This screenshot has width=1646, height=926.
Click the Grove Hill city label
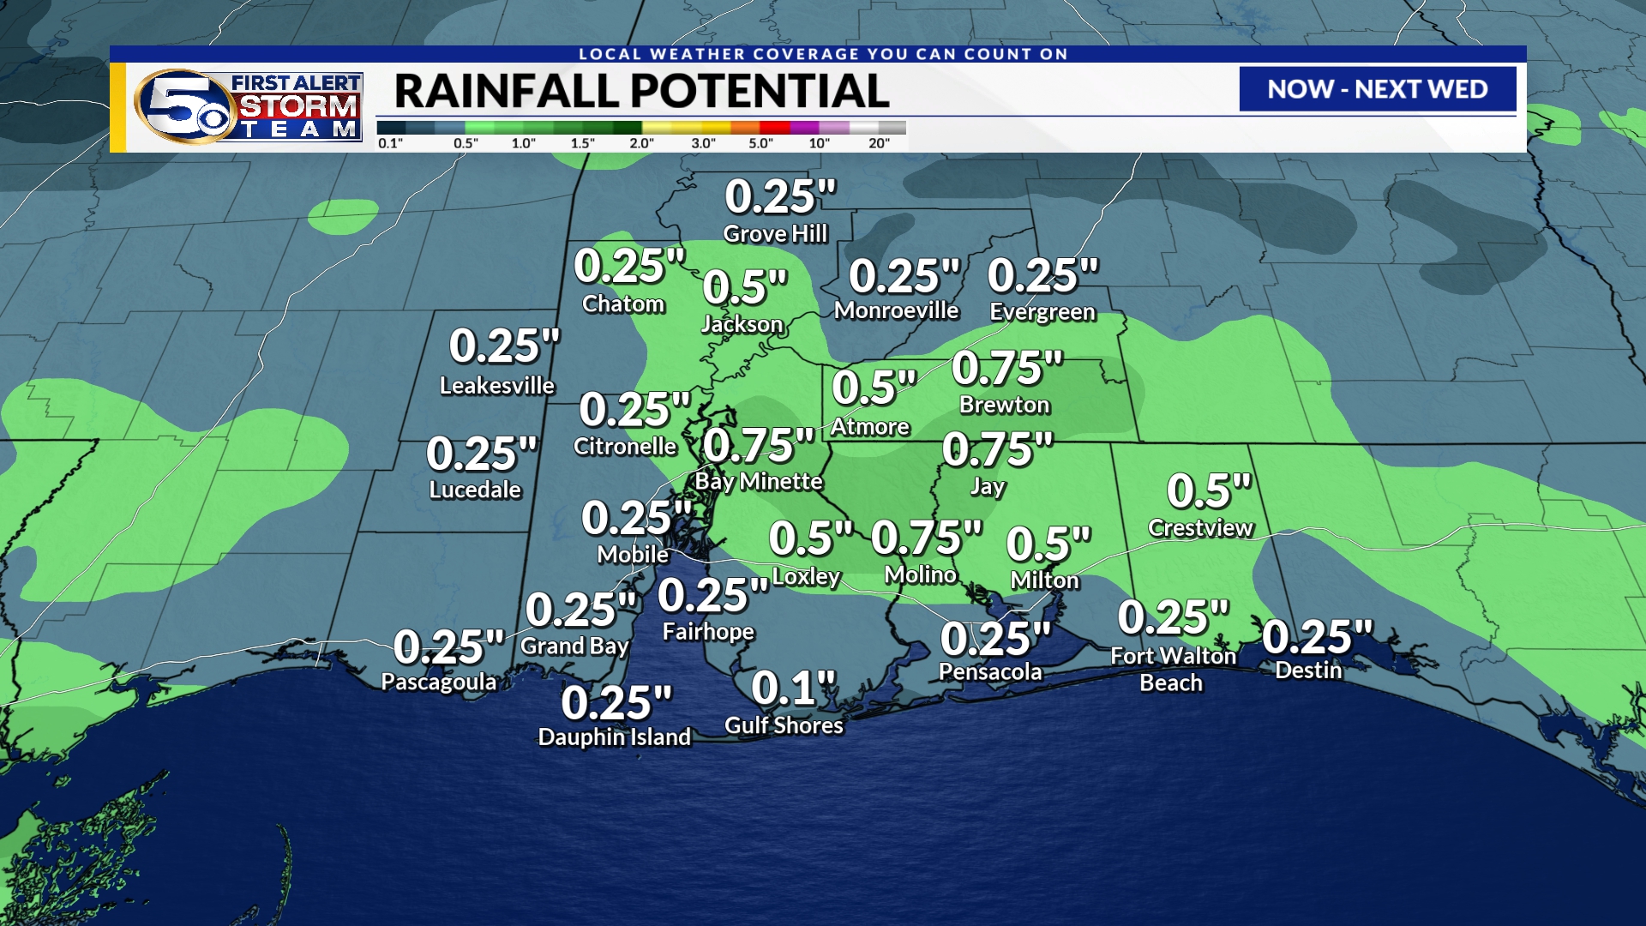[x=775, y=234]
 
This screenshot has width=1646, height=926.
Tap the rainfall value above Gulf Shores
[x=793, y=688]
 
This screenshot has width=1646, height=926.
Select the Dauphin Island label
[x=614, y=737]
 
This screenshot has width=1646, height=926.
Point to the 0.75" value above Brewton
[x=1007, y=369]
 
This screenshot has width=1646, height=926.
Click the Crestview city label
[x=1200, y=528]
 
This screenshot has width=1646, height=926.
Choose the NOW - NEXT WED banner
[x=1377, y=89]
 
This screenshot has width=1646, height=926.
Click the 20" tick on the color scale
[x=879, y=143]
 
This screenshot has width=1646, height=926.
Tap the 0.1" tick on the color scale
[x=390, y=143]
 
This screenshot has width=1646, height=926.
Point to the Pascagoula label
[x=438, y=682]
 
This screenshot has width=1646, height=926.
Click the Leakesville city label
[x=496, y=386]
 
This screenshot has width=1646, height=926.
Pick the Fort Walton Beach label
[x=1173, y=670]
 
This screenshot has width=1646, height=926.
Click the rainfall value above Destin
[x=1317, y=637]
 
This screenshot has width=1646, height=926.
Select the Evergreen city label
[x=1042, y=311]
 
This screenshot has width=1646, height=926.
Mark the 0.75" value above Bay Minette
[x=758, y=446]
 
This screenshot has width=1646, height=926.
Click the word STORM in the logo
[x=297, y=106]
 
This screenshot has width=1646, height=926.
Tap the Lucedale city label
[x=475, y=490]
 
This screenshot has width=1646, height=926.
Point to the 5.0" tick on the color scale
[x=760, y=143]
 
